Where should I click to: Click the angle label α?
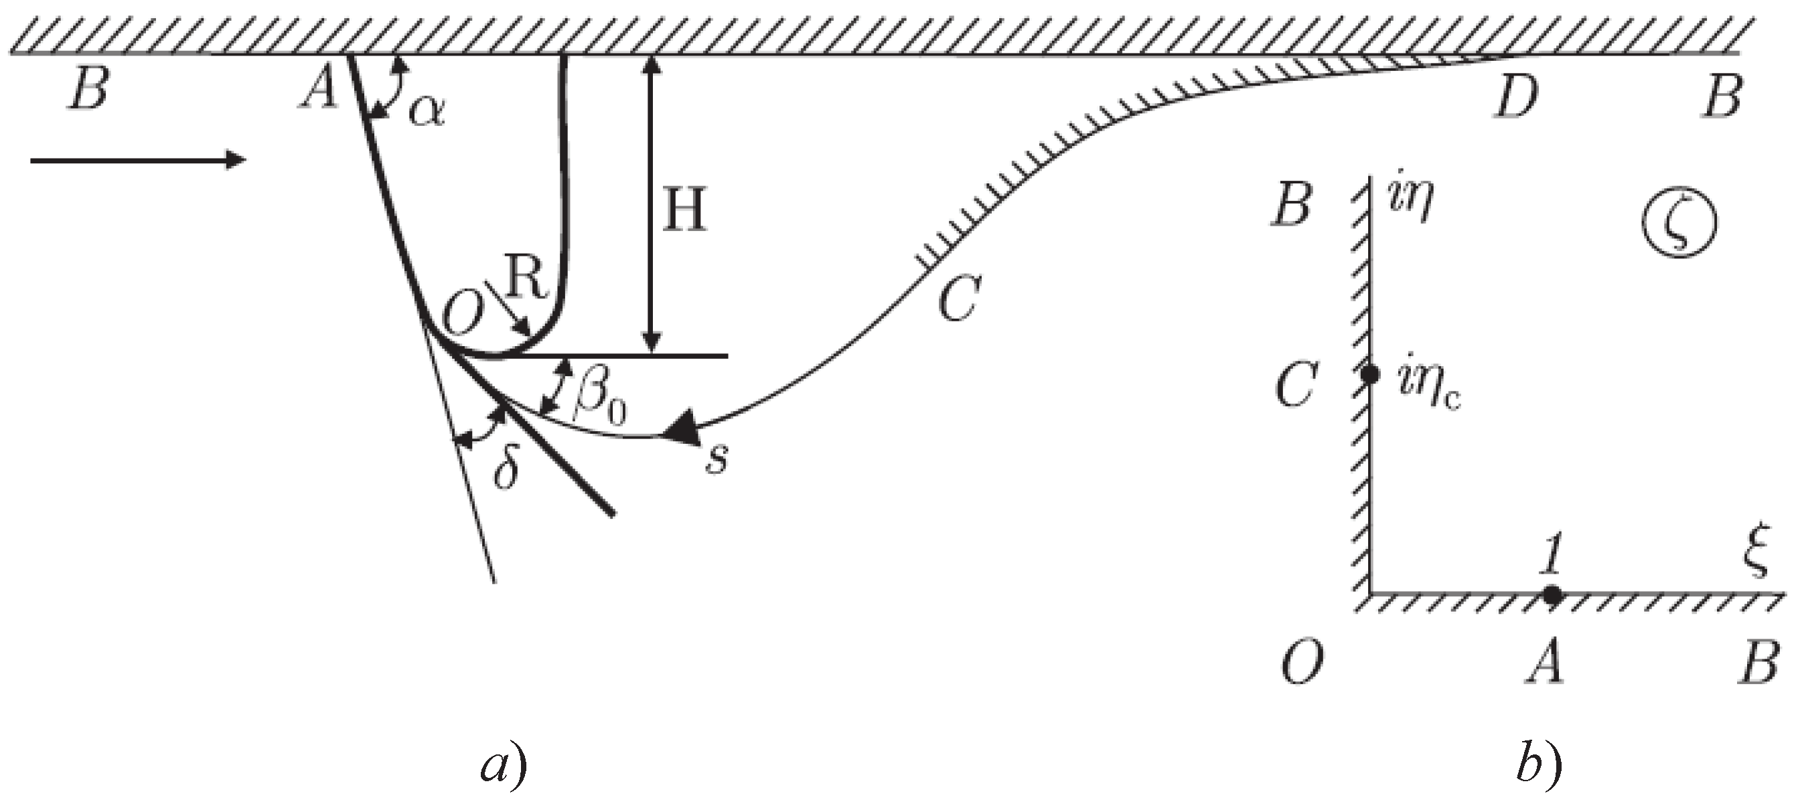(427, 110)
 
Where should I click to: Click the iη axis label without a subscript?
(1411, 201)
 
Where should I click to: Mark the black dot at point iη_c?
(1370, 374)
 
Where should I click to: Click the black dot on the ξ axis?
(1552, 595)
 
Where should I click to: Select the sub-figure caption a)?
(503, 766)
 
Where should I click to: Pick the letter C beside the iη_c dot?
(1296, 386)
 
